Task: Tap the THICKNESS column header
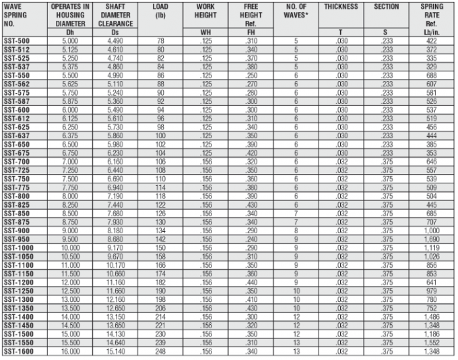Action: click(341, 7)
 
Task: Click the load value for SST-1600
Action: click(160, 352)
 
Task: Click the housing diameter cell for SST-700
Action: click(69, 162)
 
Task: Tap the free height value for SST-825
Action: click(251, 205)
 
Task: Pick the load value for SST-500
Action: click(160, 41)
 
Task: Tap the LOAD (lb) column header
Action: click(160, 11)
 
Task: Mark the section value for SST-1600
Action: click(386, 352)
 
